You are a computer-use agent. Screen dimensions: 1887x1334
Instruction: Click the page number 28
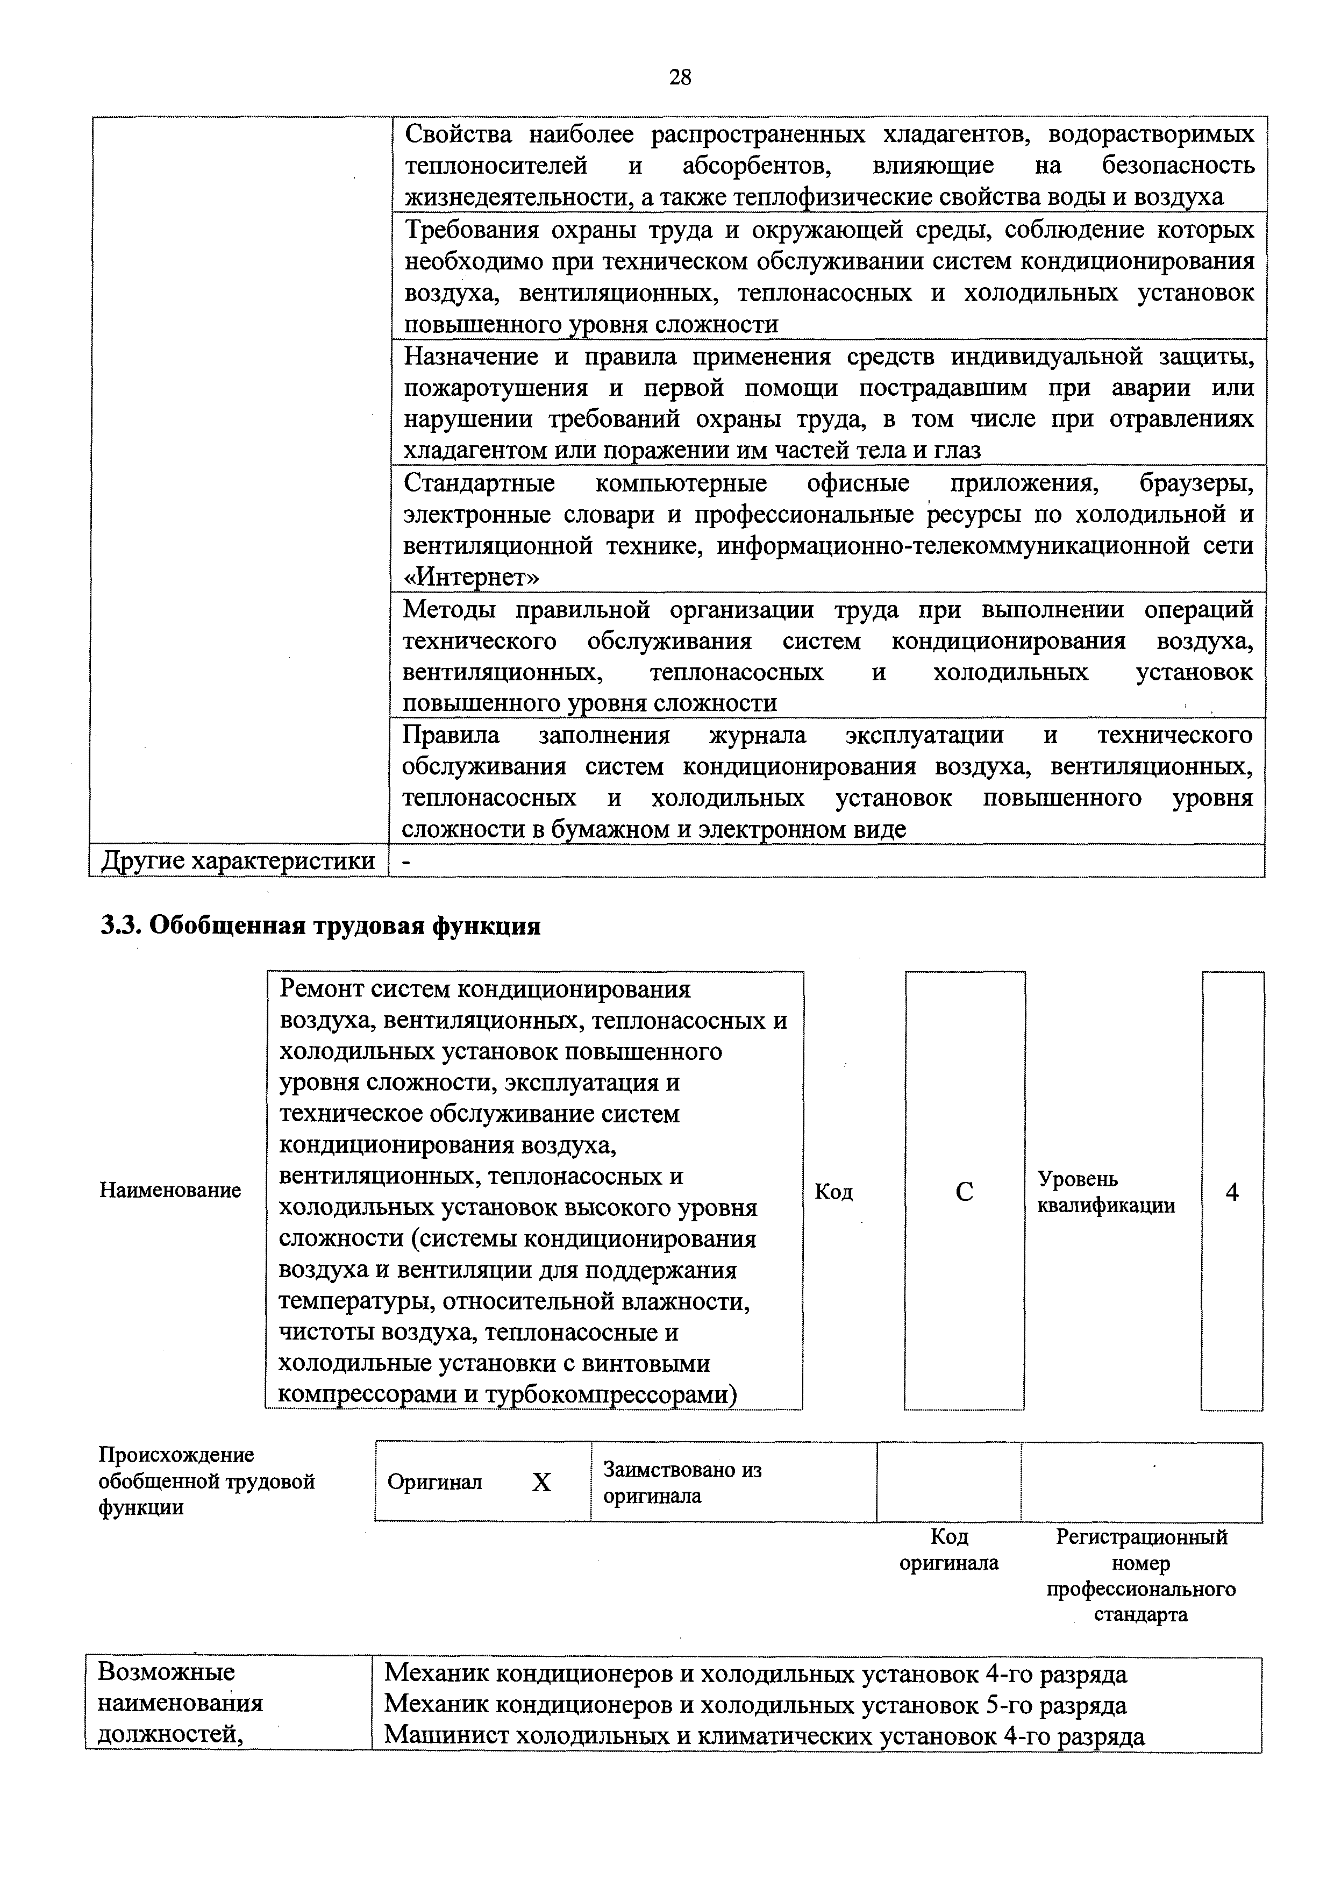(680, 77)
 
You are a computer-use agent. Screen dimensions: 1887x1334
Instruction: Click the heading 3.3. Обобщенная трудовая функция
(320, 925)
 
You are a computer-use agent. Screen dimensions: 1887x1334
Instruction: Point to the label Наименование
(170, 1190)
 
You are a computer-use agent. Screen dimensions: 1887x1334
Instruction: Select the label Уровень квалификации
(1105, 1193)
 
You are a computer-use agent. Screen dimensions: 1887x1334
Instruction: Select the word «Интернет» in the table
(472, 578)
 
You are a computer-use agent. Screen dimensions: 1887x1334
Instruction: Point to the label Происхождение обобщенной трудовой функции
(206, 1482)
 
